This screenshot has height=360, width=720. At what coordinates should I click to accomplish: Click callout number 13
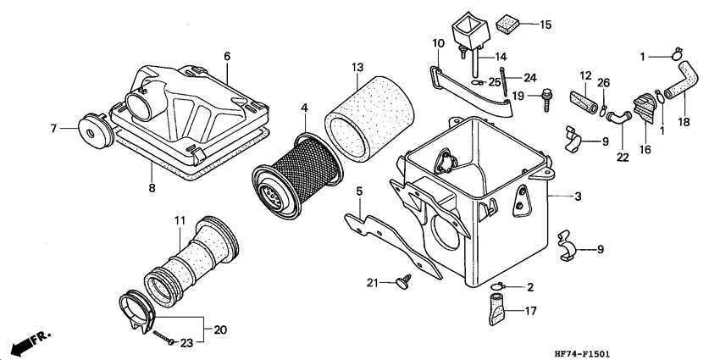tap(357, 68)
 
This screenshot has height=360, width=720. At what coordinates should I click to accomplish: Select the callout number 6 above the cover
tap(227, 56)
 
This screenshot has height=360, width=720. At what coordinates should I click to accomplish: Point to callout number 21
tap(371, 282)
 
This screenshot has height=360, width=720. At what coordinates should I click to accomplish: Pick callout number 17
tap(530, 311)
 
